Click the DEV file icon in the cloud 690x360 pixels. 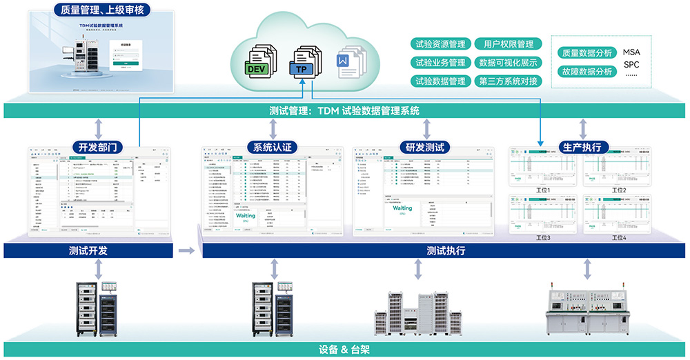click(x=259, y=60)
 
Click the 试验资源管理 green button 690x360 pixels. click(x=439, y=44)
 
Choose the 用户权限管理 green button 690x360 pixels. click(x=508, y=44)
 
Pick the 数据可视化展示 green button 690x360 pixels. click(x=508, y=63)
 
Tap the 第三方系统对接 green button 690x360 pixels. click(x=508, y=81)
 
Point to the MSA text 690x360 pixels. click(x=631, y=52)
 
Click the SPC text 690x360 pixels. click(x=631, y=66)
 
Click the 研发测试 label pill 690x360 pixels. click(x=424, y=147)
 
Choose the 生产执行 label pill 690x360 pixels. click(x=582, y=147)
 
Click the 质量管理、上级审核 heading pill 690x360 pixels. click(x=103, y=10)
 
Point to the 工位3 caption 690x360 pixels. click(x=544, y=238)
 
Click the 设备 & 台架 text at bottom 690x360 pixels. click(x=344, y=350)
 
